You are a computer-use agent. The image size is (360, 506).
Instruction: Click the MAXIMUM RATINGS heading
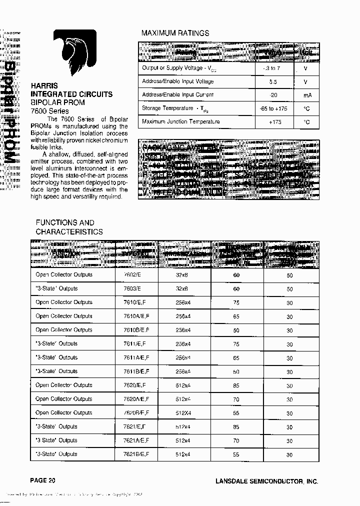[175, 33]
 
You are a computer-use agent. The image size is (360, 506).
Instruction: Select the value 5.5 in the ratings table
[272, 81]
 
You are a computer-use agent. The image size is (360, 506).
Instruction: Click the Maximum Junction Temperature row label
[180, 121]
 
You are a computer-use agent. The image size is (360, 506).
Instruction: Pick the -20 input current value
[272, 95]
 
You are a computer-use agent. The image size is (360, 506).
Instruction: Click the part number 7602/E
[132, 275]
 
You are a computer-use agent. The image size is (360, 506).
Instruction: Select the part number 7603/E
[132, 288]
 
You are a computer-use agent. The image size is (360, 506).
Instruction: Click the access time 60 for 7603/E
[236, 288]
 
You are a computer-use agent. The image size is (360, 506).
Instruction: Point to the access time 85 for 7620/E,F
[236, 385]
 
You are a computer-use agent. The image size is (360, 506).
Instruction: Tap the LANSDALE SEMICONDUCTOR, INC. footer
[266, 481]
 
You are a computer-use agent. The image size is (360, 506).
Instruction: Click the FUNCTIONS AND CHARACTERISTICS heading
[69, 227]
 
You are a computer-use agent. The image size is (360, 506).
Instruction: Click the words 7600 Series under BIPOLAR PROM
[49, 110]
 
